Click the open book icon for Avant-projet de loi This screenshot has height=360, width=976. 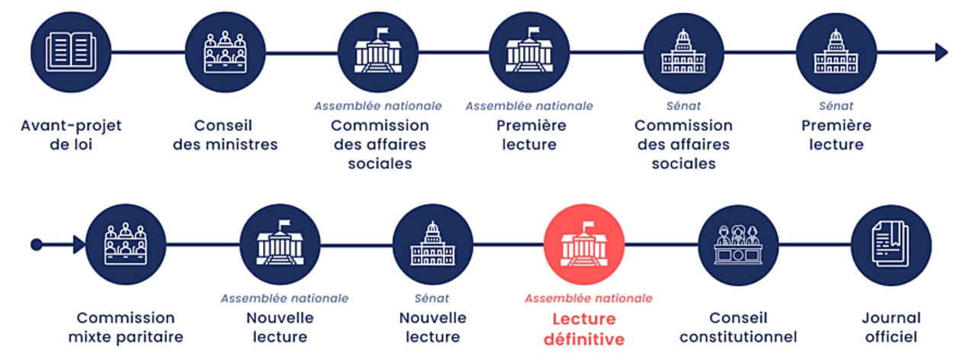coord(72,52)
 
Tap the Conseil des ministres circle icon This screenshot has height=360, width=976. coord(225,52)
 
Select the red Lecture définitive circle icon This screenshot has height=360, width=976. coord(585,244)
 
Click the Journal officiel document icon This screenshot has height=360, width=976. coord(891,244)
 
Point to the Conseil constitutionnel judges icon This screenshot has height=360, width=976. coord(738,244)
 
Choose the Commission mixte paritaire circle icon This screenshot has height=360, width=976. coord(126,244)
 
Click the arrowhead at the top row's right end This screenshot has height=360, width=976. coord(942,52)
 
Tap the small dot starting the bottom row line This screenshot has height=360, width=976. coord(36,245)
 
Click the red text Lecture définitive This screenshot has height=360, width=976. coord(584,329)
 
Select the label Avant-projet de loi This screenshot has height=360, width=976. coord(71,134)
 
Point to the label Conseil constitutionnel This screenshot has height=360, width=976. coord(738,327)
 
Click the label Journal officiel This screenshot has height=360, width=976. coord(891,327)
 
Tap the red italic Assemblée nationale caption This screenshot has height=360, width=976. coord(588,298)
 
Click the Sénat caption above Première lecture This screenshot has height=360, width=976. coord(836,106)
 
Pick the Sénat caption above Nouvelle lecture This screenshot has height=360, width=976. coord(432,298)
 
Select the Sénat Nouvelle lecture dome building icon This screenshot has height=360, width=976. coord(432,244)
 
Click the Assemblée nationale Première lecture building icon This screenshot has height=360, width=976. coord(529,52)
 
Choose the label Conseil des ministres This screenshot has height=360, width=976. coord(225,134)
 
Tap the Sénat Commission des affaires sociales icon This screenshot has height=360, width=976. coord(683,52)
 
